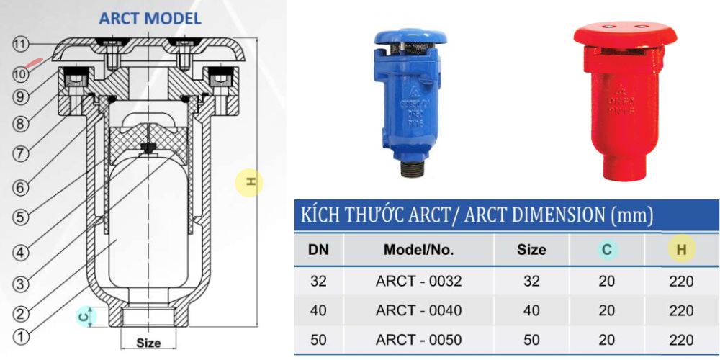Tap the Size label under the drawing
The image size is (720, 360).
pos(148,343)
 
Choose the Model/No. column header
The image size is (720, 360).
pos(418,250)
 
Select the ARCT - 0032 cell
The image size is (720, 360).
pos(418,282)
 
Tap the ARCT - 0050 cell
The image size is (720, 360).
pos(418,340)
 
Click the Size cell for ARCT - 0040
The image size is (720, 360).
pos(531,311)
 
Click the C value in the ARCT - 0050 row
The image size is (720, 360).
pos(606,340)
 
